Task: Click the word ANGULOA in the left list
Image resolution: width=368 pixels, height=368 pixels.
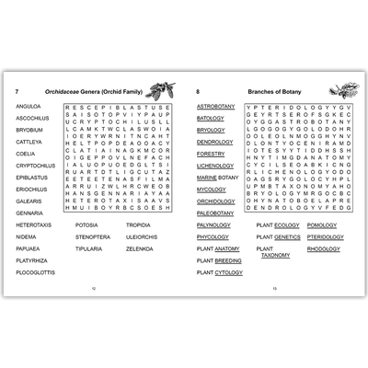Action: click(28, 107)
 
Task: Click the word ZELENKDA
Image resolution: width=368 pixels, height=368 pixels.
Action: click(140, 247)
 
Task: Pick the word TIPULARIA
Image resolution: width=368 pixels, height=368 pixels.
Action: click(89, 247)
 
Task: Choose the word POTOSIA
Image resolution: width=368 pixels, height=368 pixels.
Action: click(86, 224)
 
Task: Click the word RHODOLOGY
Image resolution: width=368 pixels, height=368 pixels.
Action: click(323, 247)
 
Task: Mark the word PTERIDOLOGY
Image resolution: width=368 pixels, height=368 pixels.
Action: click(326, 236)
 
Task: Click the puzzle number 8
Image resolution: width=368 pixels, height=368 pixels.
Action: click(198, 92)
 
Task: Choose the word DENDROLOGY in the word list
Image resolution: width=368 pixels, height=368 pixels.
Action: click(215, 142)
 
